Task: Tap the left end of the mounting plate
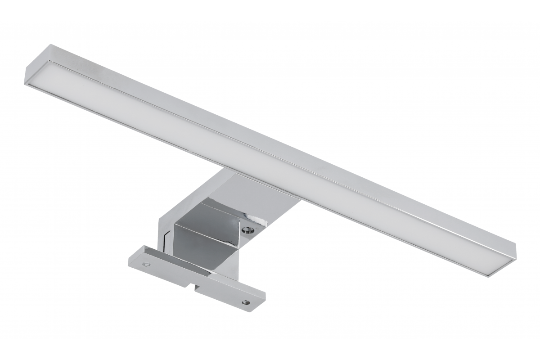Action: pos(131,261)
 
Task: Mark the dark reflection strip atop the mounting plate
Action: pos(180,263)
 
